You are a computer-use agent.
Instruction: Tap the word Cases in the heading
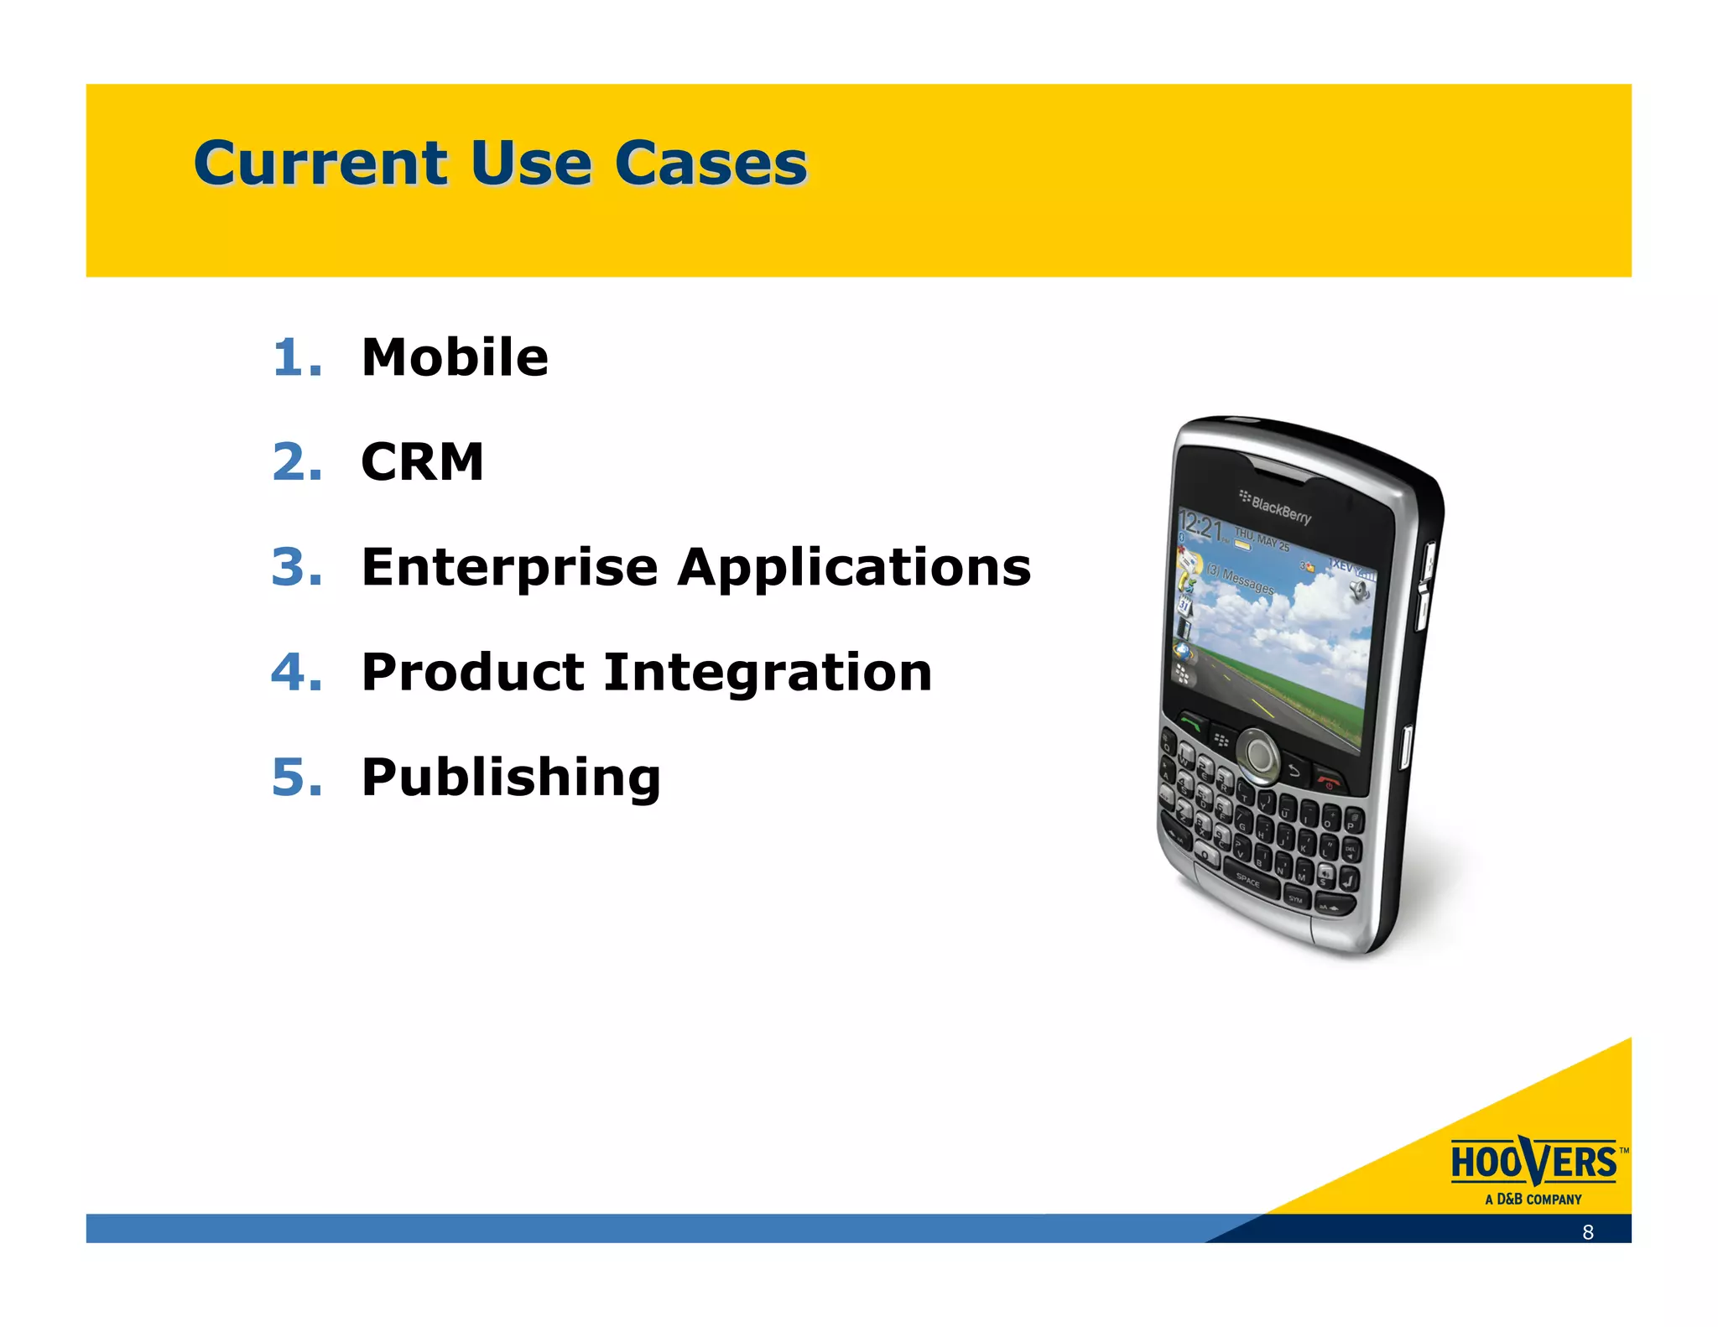pos(711,163)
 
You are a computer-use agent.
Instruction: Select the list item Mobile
pos(455,357)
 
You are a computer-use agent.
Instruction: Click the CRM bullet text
pos(422,462)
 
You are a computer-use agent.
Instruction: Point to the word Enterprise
pos(509,568)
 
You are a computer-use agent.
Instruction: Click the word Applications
pos(854,568)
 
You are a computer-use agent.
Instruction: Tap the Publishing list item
pos(511,777)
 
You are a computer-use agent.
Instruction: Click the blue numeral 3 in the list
pos(296,568)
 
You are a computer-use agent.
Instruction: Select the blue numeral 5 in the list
pos(296,777)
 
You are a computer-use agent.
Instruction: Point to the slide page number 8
pos(1587,1231)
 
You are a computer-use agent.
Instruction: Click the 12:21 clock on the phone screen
pos(1200,528)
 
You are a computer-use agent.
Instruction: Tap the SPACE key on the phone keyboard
pos(1247,881)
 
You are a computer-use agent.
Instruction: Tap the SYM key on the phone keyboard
pos(1295,899)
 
